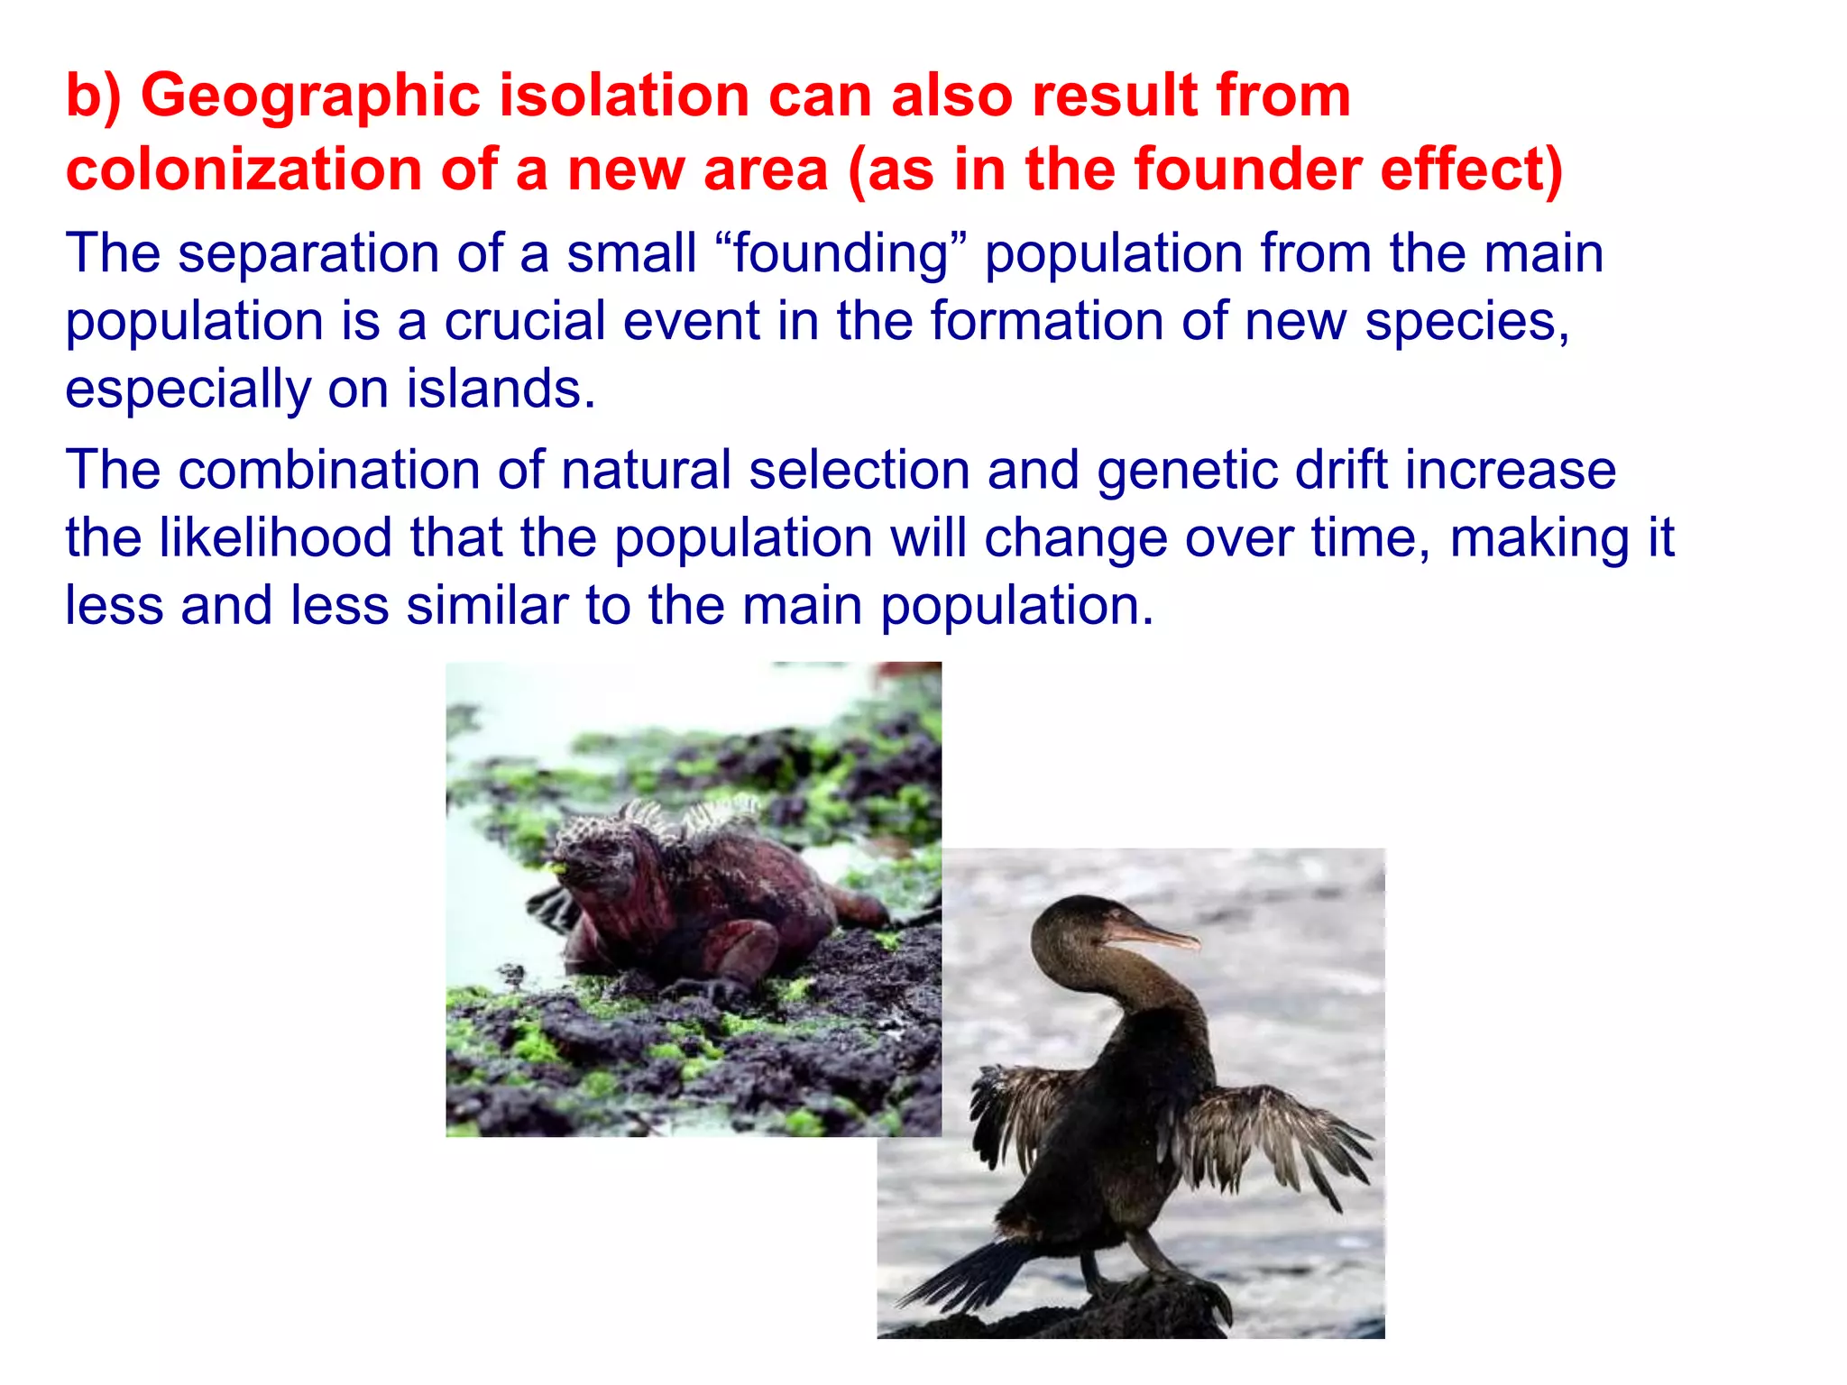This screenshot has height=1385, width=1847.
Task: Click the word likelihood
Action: click(x=275, y=537)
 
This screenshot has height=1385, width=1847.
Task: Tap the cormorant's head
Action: click(x=1069, y=924)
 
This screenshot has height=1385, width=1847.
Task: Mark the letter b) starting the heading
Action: click(x=93, y=96)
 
